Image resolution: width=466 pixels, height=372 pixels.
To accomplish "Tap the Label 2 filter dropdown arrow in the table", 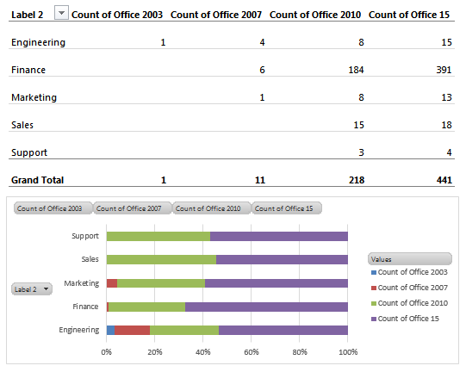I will point(61,13).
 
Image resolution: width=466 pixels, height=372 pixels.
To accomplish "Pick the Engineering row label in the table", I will point(37,42).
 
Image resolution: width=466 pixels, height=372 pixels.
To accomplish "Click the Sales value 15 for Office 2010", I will point(357,125).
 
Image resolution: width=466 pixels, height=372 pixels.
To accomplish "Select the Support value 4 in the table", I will point(448,152).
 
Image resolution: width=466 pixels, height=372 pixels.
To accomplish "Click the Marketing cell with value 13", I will point(444,97).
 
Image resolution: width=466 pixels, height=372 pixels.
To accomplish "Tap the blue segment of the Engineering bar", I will point(110,330).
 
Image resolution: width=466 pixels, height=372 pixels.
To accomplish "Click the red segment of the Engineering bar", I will point(132,330).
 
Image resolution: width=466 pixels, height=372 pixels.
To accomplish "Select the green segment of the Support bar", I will point(158,236).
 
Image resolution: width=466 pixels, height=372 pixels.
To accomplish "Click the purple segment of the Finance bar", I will point(266,306).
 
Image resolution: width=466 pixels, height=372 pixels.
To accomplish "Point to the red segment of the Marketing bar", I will point(112,282).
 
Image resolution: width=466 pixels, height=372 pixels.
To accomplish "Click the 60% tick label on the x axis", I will point(252,351).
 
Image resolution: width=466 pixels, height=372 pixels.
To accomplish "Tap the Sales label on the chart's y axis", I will point(90,259).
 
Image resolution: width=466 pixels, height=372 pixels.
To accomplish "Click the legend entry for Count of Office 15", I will point(410,319).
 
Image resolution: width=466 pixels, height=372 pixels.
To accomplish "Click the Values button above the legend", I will point(409,258).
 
